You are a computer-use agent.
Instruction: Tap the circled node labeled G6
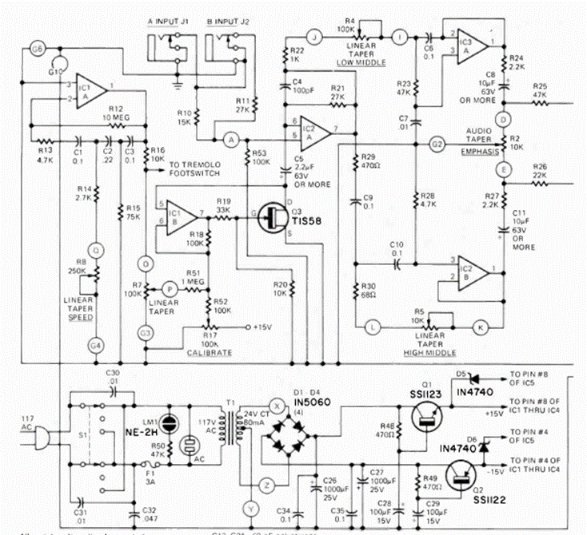[x=35, y=50]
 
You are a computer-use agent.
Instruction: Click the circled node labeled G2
[x=437, y=145]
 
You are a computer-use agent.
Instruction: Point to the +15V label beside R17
[x=262, y=327]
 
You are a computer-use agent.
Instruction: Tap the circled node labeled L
[x=372, y=326]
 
